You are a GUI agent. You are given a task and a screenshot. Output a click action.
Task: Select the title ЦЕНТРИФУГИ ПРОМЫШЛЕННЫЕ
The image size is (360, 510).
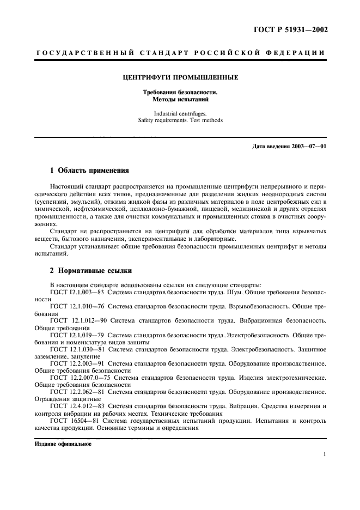180,77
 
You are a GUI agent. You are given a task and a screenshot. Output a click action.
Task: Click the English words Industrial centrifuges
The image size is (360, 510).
180,113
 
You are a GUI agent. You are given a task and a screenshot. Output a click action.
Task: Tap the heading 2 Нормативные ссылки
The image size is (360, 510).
91,270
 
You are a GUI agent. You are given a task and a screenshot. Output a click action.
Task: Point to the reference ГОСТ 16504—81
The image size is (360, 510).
74,421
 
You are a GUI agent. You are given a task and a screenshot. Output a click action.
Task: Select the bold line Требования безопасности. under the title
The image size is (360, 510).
180,93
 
